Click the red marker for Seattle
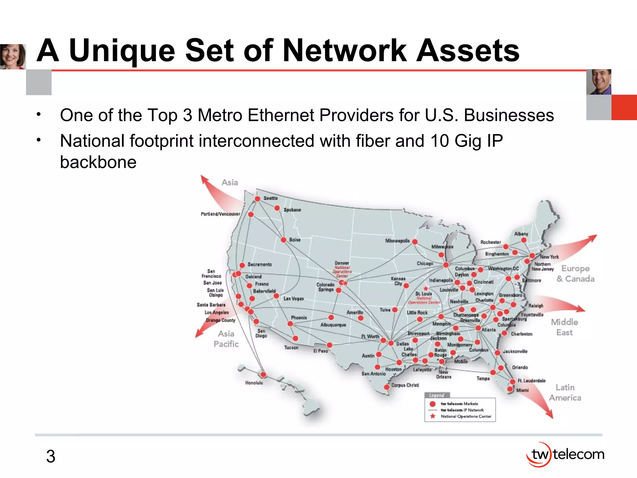click(258, 199)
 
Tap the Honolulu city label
click(254, 383)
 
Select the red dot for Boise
click(283, 240)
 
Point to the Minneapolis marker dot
click(415, 242)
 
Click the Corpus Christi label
click(405, 385)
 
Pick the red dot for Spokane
click(277, 208)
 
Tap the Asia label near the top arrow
click(230, 183)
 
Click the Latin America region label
click(565, 392)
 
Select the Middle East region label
click(564, 327)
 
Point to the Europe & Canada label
click(575, 274)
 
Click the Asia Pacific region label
click(226, 339)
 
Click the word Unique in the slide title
click(122, 51)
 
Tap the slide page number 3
click(51, 457)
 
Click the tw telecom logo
click(565, 455)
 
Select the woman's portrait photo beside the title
click(13, 56)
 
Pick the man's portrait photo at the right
click(598, 82)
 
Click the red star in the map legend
click(433, 416)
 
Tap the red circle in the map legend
click(432, 404)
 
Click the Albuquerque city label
click(333, 325)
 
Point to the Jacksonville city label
click(515, 351)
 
